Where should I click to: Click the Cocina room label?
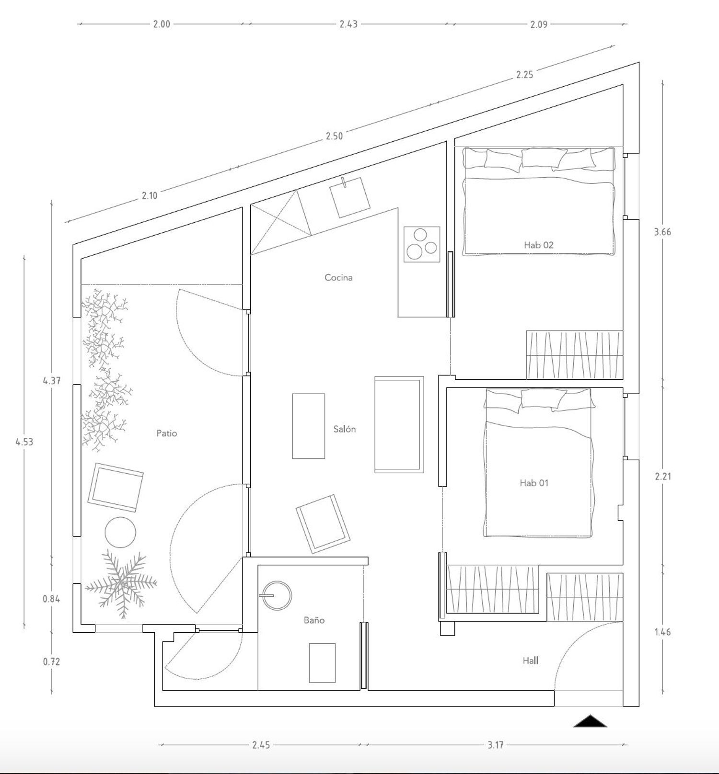tap(338, 277)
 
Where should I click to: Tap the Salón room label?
tap(345, 429)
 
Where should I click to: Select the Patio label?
tap(167, 433)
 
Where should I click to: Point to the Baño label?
tap(314, 620)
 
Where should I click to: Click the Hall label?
tap(531, 661)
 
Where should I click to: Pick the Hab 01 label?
tap(534, 483)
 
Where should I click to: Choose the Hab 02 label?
tap(538, 245)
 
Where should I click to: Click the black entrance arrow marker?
tap(590, 721)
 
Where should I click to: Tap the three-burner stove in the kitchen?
tap(422, 244)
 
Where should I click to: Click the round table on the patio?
tap(120, 532)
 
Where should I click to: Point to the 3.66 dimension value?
tap(662, 232)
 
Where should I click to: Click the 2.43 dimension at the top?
tap(348, 24)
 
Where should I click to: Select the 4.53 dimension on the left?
tap(24, 442)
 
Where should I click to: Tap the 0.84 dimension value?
tap(51, 599)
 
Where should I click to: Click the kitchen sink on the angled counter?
tap(350, 197)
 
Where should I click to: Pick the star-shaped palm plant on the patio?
tap(121, 584)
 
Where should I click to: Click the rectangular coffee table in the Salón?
tap(309, 426)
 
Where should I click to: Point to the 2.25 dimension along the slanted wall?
tap(524, 74)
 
